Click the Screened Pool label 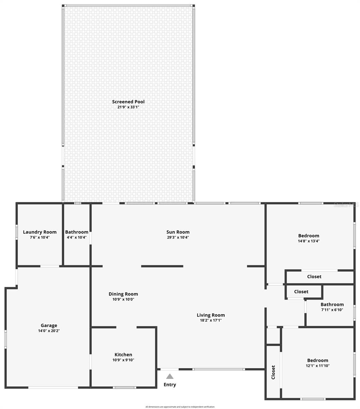coord(128,102)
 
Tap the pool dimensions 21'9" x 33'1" coord(128,107)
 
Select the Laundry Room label coord(40,232)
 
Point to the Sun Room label coord(178,232)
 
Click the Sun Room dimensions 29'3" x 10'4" coord(178,237)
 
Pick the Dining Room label coord(123,294)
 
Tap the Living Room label coord(211,315)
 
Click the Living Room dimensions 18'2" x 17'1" coord(211,320)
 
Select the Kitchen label coord(123,354)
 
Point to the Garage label coord(49,325)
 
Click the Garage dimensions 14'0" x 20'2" coord(49,331)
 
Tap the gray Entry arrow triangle coord(170,377)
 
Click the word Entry coord(170,384)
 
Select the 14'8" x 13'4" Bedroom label coord(309,236)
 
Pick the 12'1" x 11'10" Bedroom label coord(318,360)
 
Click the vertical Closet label coord(273,372)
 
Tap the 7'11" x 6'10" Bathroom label coord(332,304)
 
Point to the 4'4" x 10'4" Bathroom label coord(77,232)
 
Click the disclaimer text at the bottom coord(180,407)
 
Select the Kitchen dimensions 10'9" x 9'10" coord(123,360)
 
